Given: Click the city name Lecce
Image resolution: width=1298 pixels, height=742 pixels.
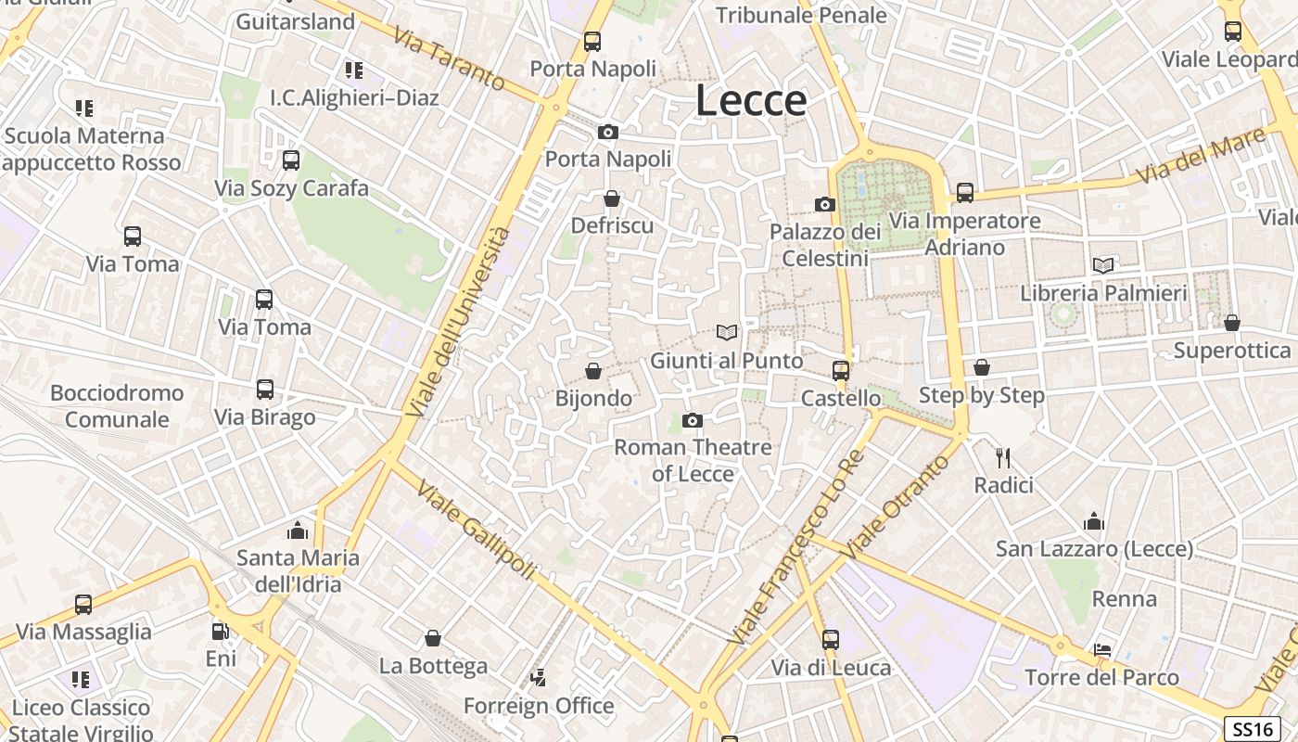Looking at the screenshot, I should (x=751, y=100).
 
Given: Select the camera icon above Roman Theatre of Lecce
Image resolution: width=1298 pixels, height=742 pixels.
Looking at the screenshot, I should (x=692, y=421).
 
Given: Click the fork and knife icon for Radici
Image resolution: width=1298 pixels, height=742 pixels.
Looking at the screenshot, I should (x=1002, y=457).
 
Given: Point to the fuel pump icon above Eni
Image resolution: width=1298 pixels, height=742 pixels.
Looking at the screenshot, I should (x=220, y=632).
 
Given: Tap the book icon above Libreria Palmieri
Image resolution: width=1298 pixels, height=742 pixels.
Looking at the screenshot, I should (x=1103, y=265).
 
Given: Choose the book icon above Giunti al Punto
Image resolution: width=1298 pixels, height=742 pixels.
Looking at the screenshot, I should (x=727, y=332).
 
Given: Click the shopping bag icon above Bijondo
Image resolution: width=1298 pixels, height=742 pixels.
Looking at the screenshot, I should (x=593, y=372).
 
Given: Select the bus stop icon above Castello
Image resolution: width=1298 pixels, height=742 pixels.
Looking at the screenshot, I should (x=840, y=371).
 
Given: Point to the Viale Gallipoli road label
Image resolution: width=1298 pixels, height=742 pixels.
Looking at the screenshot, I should (x=476, y=530).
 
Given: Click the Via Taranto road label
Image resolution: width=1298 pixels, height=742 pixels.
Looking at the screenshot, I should (x=450, y=59).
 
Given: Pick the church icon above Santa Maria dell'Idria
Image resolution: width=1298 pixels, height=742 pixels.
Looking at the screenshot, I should (x=298, y=531).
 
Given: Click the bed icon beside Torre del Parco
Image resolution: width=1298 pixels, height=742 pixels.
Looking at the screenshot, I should (x=1101, y=650).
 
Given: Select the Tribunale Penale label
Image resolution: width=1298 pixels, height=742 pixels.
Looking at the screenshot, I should (x=801, y=15).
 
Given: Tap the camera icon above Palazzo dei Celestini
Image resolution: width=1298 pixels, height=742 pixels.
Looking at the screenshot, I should (x=824, y=204).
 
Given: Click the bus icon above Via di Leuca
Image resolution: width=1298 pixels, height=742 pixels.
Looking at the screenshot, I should (x=830, y=640).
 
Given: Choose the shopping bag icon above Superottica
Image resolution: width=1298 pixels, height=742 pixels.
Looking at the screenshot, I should (x=1231, y=323).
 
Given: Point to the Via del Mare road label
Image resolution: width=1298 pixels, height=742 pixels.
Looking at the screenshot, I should (x=1202, y=155).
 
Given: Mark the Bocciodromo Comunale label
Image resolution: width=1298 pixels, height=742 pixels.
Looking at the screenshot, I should (x=117, y=406).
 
